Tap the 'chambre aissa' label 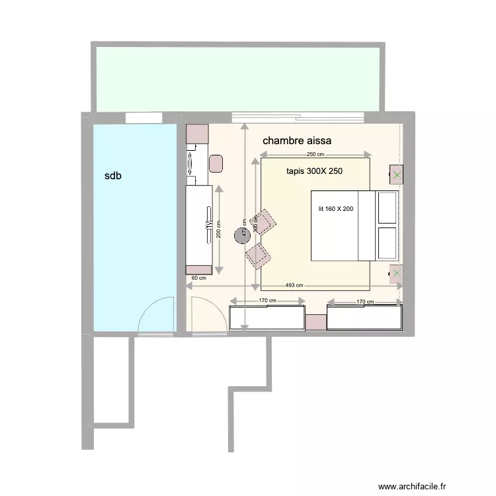click(297, 141)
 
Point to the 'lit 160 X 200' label click(336, 209)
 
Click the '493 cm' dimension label click(294, 286)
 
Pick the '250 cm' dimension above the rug click(316, 154)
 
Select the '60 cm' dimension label click(198, 278)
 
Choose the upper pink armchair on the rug click(265, 222)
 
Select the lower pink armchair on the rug click(257, 254)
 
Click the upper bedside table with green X click(396, 175)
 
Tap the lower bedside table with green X click(396, 274)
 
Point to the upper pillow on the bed click(387, 208)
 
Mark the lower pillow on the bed click(387, 243)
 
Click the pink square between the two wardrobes click(315, 322)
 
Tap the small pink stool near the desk click(216, 163)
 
